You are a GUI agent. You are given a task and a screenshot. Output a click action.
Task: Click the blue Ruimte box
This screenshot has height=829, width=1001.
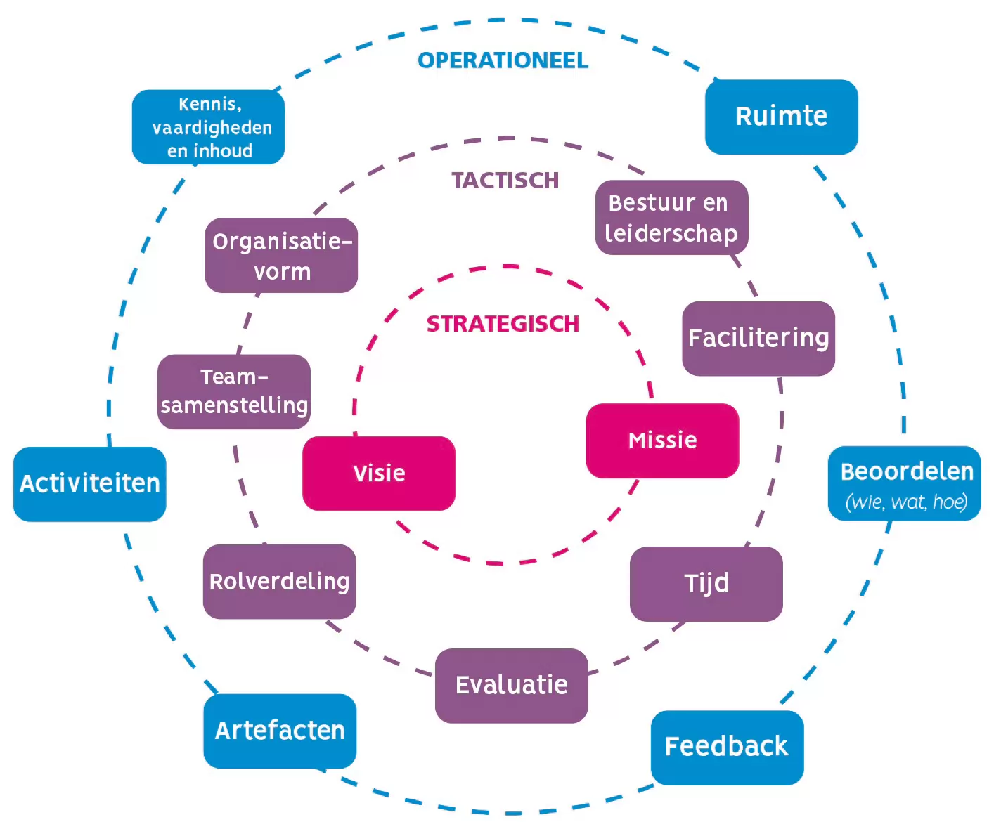pyautogui.click(x=781, y=117)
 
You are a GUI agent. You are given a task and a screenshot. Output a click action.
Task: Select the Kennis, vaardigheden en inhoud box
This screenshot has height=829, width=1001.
pyautogui.click(x=209, y=127)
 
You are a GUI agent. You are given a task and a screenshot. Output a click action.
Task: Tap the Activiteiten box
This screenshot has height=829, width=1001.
pyautogui.click(x=90, y=484)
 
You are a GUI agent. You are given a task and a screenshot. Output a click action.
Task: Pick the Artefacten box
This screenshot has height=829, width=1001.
pyautogui.click(x=280, y=731)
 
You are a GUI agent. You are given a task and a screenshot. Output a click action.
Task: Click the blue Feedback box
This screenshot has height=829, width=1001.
pyautogui.click(x=727, y=747)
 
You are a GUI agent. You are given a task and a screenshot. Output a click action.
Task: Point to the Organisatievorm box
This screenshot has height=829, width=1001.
pyautogui.click(x=281, y=256)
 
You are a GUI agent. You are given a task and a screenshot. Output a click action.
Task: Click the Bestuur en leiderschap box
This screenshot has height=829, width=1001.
pyautogui.click(x=671, y=218)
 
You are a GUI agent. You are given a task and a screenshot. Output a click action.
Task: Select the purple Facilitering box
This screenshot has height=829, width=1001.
pyautogui.click(x=758, y=339)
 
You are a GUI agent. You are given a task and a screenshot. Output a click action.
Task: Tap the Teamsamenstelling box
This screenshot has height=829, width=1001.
pyautogui.click(x=234, y=391)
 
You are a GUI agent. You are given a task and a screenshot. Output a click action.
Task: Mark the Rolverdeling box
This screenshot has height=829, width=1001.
pyautogui.click(x=279, y=582)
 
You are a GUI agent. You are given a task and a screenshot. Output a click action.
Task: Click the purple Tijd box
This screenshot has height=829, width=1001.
pyautogui.click(x=706, y=584)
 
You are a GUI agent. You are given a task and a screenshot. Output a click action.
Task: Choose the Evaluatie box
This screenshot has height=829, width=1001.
pyautogui.click(x=511, y=685)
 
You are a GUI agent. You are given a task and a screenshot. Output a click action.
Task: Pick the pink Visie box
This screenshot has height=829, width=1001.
pyautogui.click(x=379, y=474)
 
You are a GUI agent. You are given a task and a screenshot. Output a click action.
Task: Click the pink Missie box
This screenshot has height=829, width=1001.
pyautogui.click(x=662, y=440)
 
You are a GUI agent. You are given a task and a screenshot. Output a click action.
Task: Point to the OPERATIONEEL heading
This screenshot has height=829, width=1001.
pyautogui.click(x=503, y=60)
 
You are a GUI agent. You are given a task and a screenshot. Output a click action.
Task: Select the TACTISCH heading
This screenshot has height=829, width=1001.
pyautogui.click(x=505, y=181)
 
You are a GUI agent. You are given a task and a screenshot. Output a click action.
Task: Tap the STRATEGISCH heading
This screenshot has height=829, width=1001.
pyautogui.click(x=503, y=324)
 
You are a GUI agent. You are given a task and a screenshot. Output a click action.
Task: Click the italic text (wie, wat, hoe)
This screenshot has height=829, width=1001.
pyautogui.click(x=906, y=502)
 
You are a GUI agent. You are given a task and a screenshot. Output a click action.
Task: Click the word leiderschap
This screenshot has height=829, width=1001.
pyautogui.click(x=671, y=233)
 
